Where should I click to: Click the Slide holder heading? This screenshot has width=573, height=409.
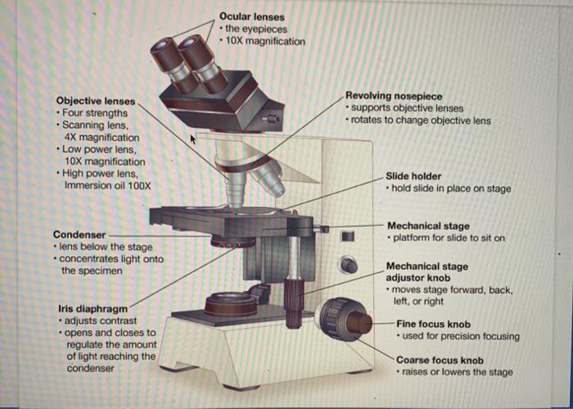pyautogui.click(x=413, y=176)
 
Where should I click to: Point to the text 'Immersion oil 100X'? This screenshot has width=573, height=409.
pyautogui.click(x=107, y=185)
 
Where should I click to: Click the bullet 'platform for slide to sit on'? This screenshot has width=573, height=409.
pyautogui.click(x=449, y=238)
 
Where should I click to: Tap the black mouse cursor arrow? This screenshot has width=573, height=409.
pyautogui.click(x=194, y=140)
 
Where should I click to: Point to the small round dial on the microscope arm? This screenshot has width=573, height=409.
pyautogui.click(x=350, y=265)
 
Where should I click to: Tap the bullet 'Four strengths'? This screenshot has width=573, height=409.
pyautogui.click(x=94, y=112)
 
